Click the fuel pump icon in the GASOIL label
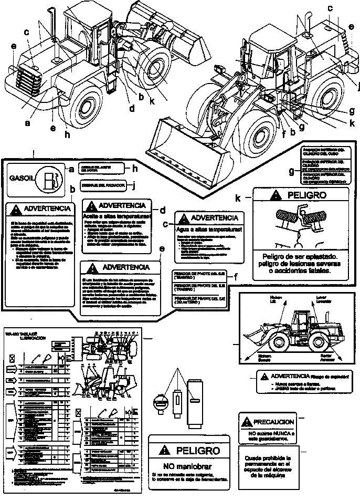coord(49,179)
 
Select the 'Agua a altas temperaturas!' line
coord(209,230)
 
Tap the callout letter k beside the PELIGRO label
coord(239,199)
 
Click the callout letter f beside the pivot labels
coord(236,277)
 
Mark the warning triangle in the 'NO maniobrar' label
coord(166,450)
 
